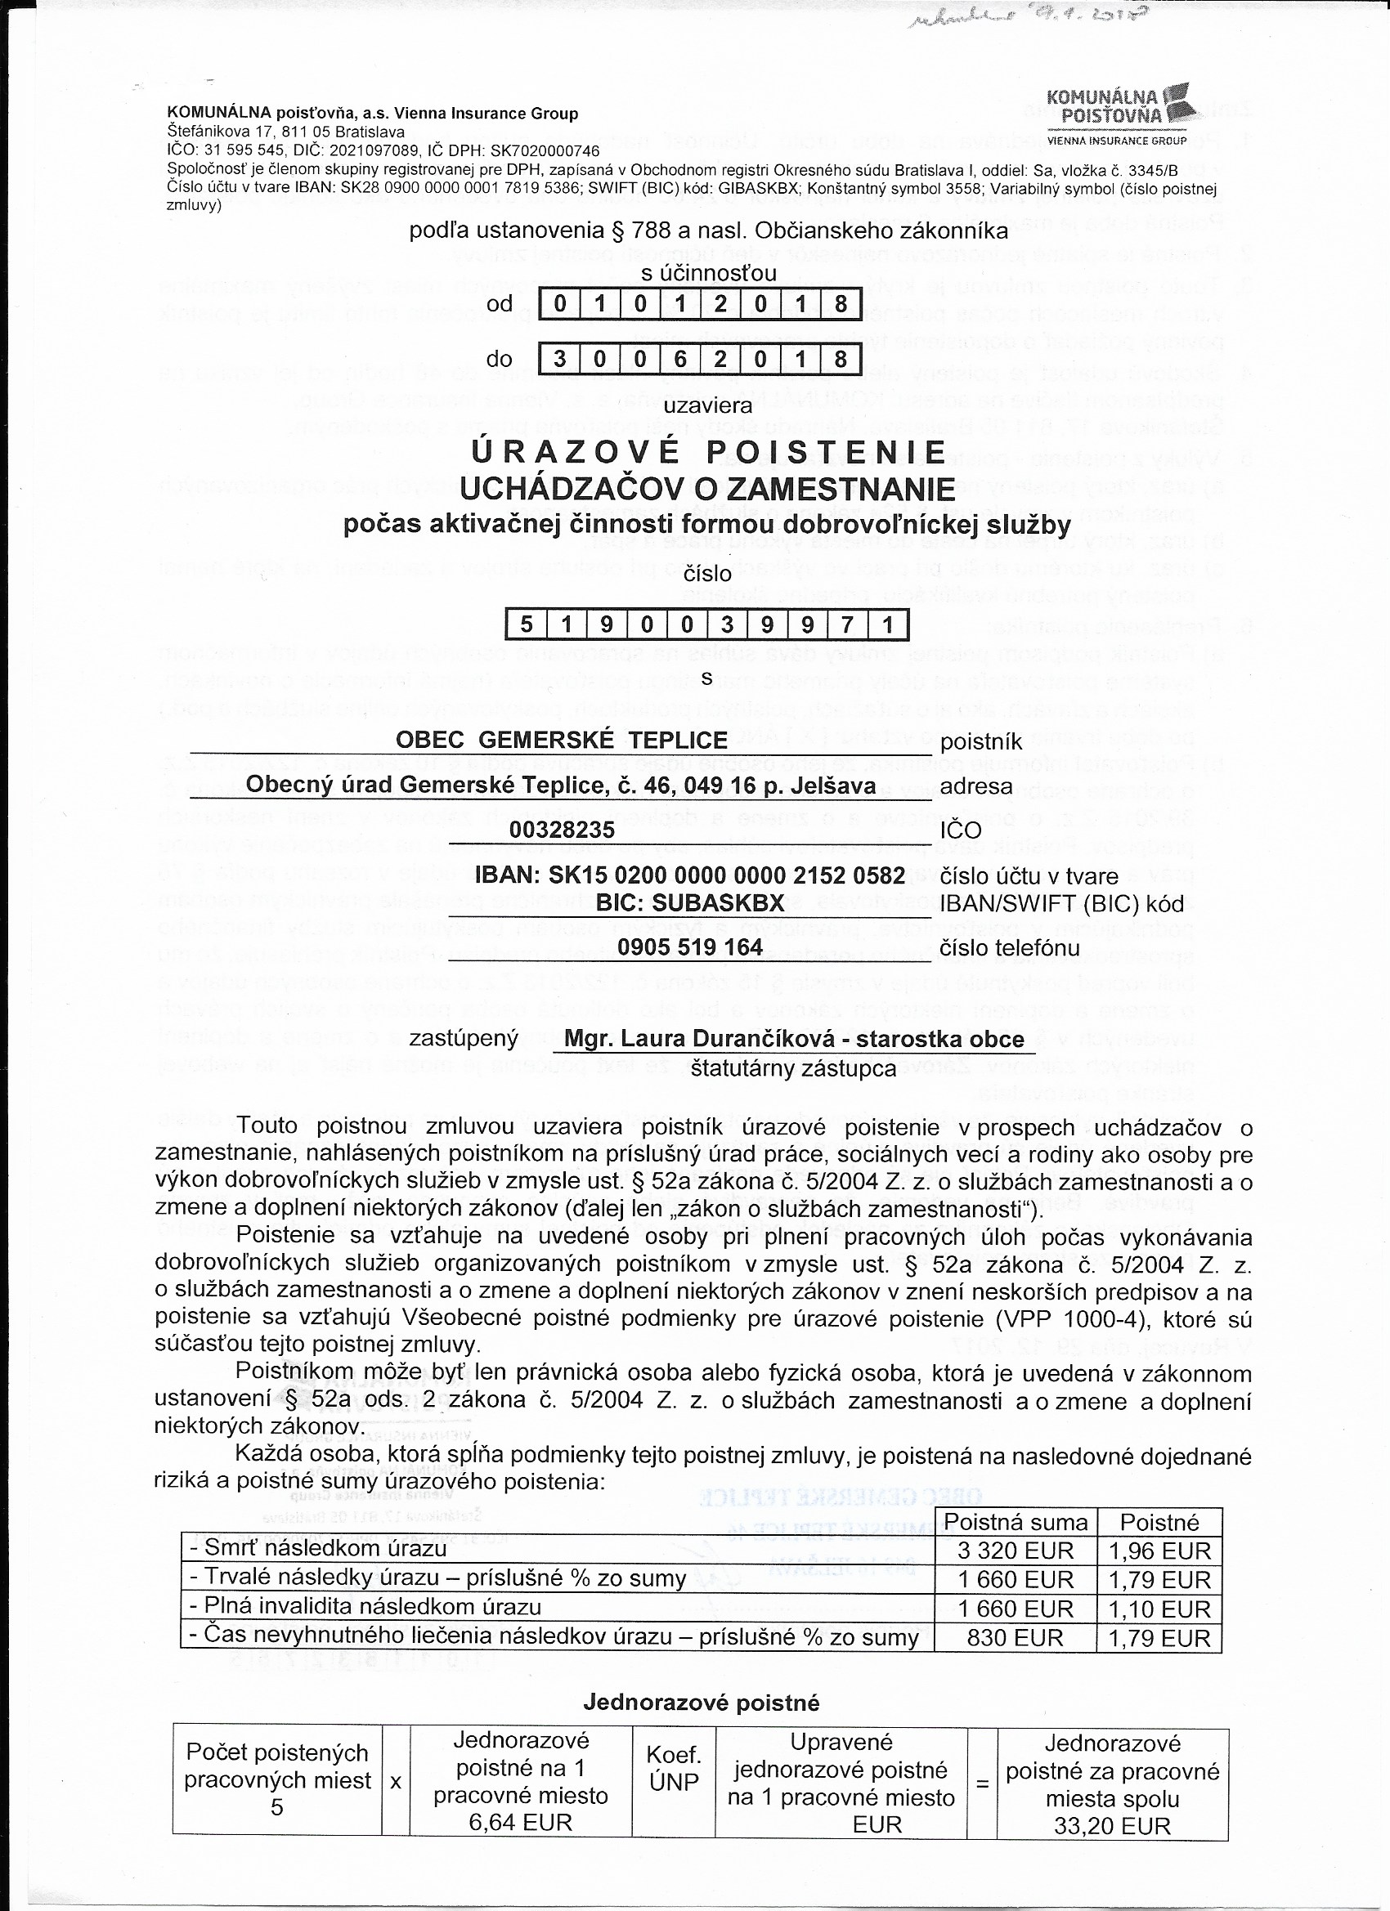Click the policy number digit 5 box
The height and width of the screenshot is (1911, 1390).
click(x=526, y=624)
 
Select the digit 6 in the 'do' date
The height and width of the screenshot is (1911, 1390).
click(x=679, y=359)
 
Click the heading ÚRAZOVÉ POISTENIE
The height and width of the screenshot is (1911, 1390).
click(x=708, y=453)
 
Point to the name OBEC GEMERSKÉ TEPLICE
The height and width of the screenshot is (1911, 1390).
click(x=562, y=740)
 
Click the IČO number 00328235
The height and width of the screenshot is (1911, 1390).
click(x=562, y=830)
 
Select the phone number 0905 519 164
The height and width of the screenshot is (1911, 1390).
click(x=689, y=947)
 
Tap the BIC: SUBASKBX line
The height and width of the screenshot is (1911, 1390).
click(x=689, y=902)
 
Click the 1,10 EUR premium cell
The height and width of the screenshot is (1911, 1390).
click(x=1159, y=1609)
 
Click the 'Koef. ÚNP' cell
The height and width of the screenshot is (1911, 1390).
click(x=674, y=1767)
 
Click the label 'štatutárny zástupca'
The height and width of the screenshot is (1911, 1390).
click(x=792, y=1069)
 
